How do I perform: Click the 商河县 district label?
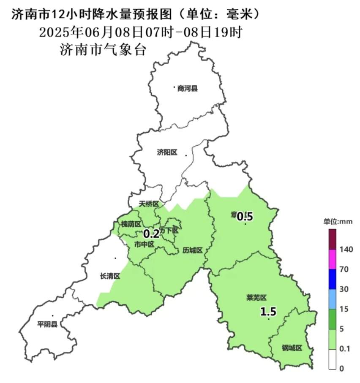coord(188,89)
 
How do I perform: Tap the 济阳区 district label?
coord(167,153)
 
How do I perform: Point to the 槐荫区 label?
coord(131,224)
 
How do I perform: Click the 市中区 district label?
coord(143,244)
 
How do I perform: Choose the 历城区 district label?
coord(193,250)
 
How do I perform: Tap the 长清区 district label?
coord(110,276)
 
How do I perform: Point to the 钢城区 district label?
coord(292,348)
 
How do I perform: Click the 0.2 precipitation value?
coord(151,233)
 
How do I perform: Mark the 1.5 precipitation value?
coord(268,312)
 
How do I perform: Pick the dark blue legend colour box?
coord(332,279)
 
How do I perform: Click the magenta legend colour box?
coord(332,259)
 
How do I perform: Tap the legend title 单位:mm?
coord(338,221)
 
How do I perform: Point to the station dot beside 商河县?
coord(174,87)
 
